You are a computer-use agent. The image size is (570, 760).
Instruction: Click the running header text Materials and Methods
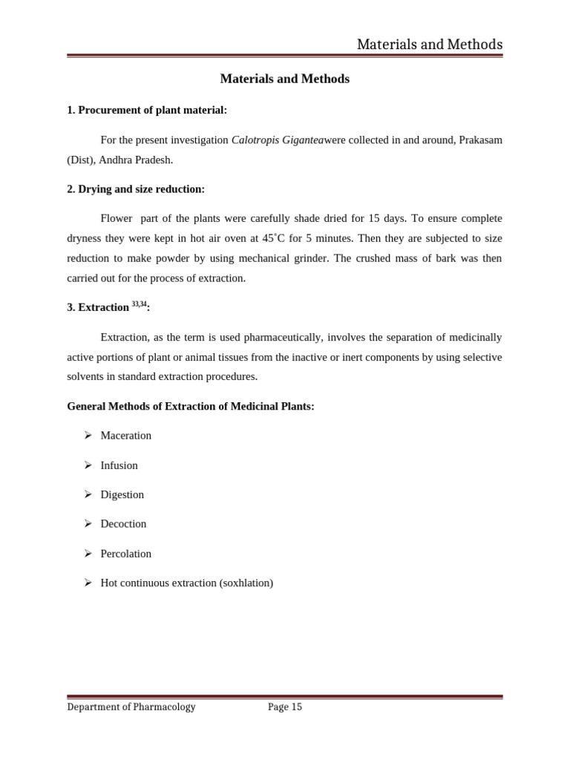point(429,45)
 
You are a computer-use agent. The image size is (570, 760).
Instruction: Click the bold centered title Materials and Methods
point(285,79)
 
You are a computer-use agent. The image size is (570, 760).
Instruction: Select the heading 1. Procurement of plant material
point(147,110)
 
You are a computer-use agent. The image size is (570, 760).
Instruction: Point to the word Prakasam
point(479,140)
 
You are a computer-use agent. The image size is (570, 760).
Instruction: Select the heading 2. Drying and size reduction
point(136,189)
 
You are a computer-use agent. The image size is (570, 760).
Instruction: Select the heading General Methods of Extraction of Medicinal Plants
point(191,406)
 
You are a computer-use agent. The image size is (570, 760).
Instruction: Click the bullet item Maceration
point(126,436)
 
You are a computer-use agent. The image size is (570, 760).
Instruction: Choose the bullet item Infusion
point(119,465)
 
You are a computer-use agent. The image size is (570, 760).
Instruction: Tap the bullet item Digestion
point(122,494)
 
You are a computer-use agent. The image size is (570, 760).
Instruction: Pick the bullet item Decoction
point(124,524)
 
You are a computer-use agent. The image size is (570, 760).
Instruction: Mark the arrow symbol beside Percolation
point(87,554)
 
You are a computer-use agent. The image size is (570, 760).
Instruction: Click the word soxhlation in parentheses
point(246,583)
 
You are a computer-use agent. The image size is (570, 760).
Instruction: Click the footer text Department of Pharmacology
point(131,707)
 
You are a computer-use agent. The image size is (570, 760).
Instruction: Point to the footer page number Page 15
point(285,707)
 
